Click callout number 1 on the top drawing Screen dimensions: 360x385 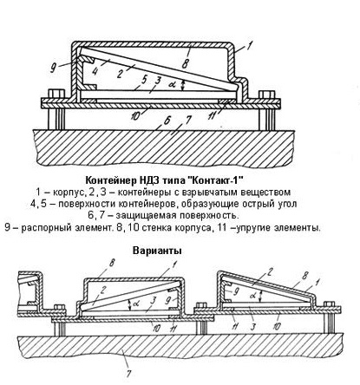250,45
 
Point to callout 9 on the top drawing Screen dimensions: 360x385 53,69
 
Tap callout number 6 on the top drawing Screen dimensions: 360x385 167,121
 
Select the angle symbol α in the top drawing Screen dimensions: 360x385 172,85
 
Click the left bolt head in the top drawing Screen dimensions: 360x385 56,94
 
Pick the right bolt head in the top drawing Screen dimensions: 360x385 266,95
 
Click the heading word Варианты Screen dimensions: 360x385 157,251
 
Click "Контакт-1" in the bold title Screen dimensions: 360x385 214,180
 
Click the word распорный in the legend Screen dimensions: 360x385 44,228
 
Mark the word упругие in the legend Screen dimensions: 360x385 252,228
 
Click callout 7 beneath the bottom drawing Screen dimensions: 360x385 128,372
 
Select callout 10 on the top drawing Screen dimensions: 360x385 134,116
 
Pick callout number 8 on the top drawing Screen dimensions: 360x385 185,64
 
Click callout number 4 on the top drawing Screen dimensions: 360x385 95,71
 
